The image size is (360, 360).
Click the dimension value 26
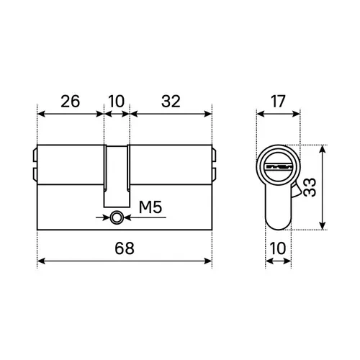tap(70, 102)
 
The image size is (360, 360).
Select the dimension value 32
tap(171, 102)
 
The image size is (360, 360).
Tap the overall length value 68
tap(125, 248)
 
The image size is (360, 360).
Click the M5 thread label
tap(150, 207)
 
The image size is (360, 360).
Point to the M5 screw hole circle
tap(117, 218)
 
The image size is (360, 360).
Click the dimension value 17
tap(278, 102)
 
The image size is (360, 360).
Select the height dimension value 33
tap(310, 187)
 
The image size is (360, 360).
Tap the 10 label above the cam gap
tap(117, 102)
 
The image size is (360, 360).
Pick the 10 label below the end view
tap(278, 248)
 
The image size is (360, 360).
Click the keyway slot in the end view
tap(279, 167)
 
